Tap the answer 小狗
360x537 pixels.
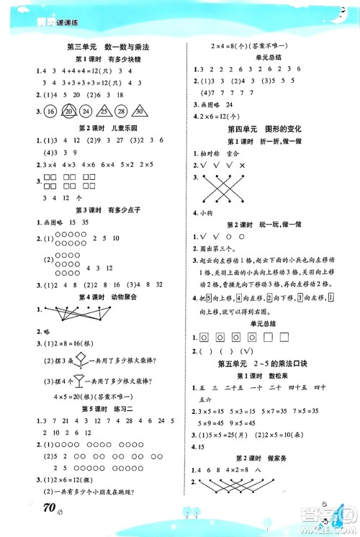(x=210, y=212)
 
